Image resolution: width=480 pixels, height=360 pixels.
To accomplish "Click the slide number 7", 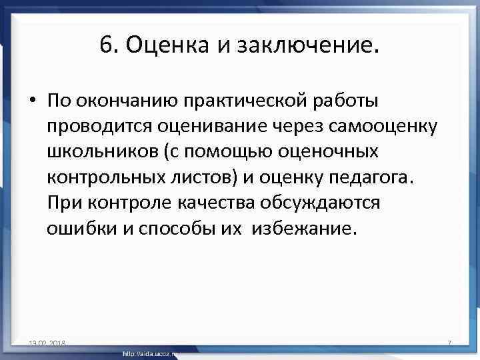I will point(449,343).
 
